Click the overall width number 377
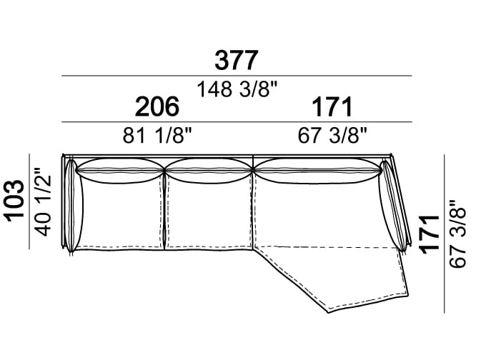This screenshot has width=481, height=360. [x=236, y=61]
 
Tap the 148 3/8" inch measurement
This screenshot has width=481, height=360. [x=237, y=89]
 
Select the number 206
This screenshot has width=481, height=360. [x=157, y=106]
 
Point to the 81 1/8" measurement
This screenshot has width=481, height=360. [x=157, y=135]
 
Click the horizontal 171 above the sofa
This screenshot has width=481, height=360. [x=332, y=106]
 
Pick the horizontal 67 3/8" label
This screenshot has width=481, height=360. [x=332, y=135]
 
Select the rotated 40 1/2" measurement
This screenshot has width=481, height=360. [x=42, y=201]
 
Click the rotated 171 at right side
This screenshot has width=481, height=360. [x=430, y=234]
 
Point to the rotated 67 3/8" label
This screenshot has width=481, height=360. [x=457, y=234]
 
